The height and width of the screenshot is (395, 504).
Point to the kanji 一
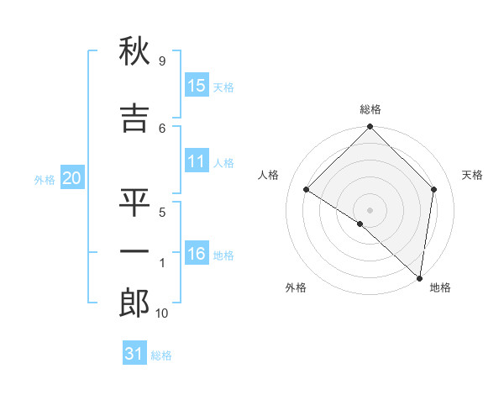point(135,251)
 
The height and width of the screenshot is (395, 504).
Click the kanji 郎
point(135,303)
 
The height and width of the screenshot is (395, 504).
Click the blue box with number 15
point(197,86)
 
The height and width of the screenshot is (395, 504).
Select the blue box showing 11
point(197,162)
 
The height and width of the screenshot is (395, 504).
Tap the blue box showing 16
point(197,254)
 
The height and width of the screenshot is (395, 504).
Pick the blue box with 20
point(72,178)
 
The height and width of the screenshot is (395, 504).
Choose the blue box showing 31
point(134,355)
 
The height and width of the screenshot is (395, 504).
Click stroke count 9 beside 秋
point(161,61)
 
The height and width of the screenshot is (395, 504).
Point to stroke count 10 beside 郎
point(163,313)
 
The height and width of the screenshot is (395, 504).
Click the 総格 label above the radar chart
point(370,109)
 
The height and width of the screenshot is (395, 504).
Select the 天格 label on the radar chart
point(472,175)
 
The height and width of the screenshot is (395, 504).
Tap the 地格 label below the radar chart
point(440,288)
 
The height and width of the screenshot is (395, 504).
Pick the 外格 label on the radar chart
point(296,288)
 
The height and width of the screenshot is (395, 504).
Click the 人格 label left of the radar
point(269,175)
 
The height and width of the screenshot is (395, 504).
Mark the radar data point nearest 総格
point(370,128)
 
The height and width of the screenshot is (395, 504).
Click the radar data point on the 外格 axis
point(360,224)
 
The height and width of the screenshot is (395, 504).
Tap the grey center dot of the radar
point(370,209)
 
